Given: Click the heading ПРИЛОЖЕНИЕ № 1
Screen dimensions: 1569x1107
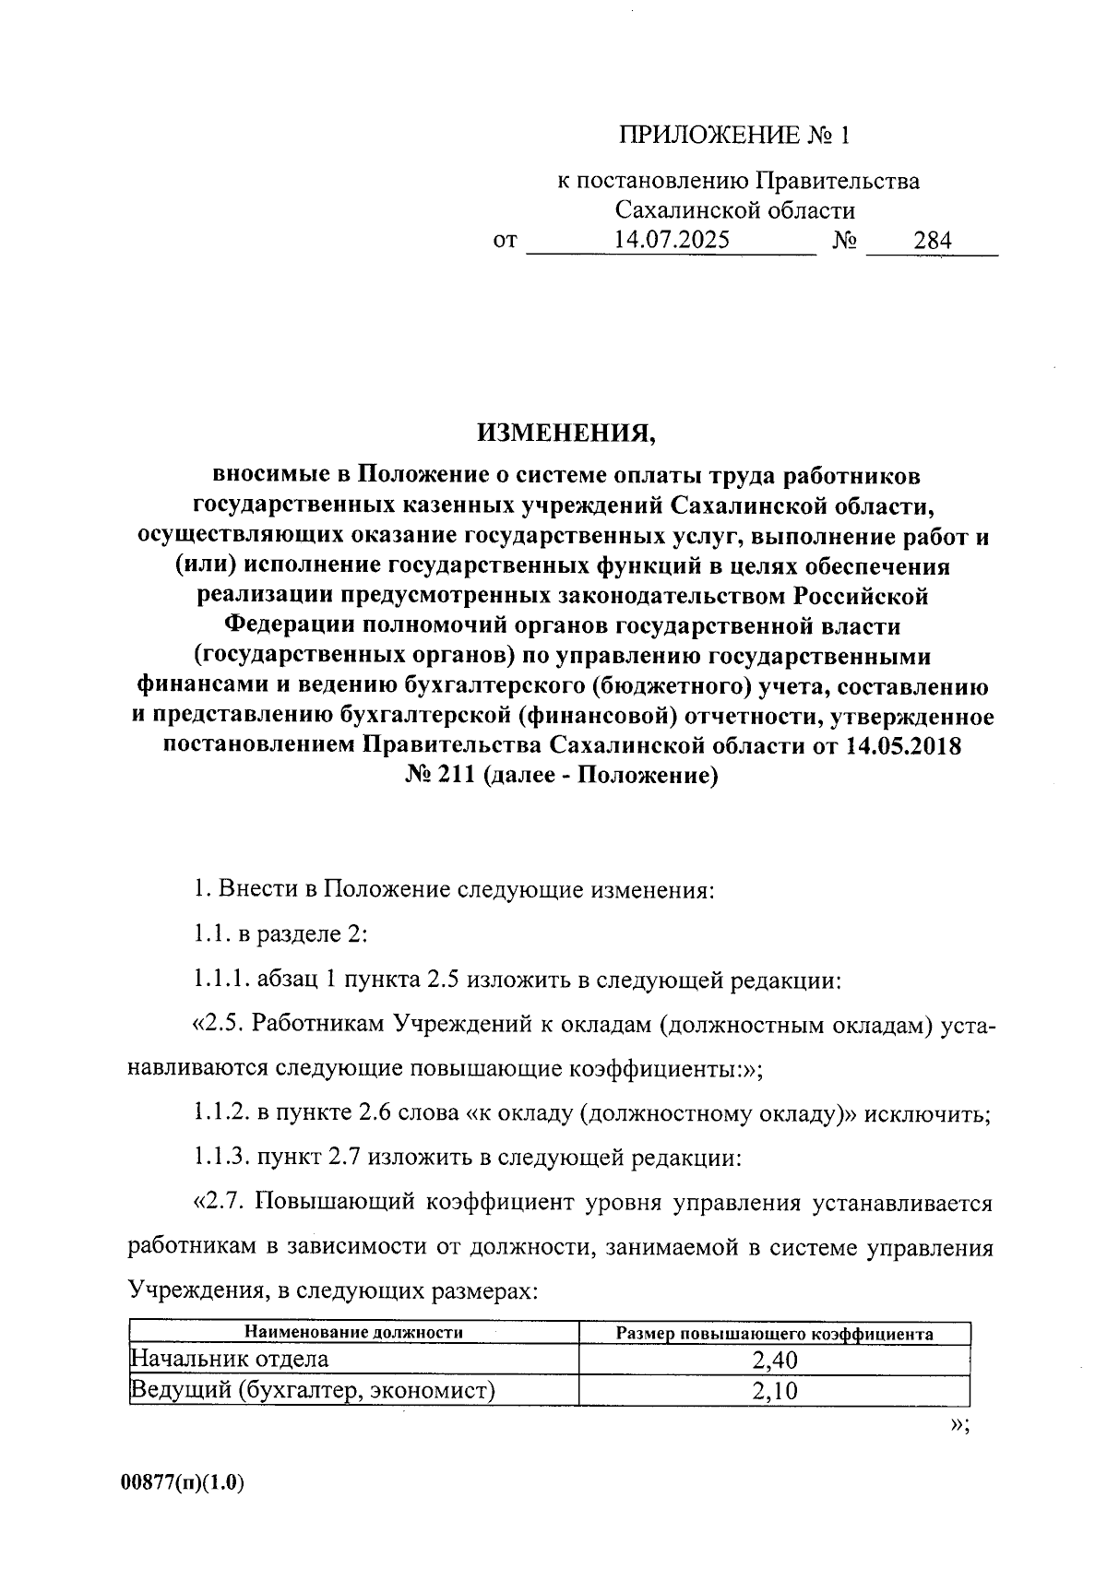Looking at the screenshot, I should tap(732, 137).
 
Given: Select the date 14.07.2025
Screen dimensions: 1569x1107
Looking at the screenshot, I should tap(672, 241).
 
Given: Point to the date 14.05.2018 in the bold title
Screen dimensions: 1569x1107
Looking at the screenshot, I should tap(902, 745).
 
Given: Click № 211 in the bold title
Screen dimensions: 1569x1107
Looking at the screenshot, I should tap(439, 776).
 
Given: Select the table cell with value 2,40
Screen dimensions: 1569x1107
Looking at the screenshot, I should tap(774, 1359).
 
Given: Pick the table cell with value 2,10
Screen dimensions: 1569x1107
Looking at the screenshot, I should tap(774, 1390).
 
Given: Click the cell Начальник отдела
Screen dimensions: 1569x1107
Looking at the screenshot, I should tap(230, 1359).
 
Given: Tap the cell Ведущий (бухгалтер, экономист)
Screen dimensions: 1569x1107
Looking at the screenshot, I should tap(313, 1390).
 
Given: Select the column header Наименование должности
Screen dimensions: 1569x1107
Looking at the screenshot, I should tap(353, 1332).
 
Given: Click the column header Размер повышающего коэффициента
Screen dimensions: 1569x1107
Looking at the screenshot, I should tap(774, 1334).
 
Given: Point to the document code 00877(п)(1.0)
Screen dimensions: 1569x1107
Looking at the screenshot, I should tap(182, 1483).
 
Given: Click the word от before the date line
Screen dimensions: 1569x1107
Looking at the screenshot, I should tap(505, 242).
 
